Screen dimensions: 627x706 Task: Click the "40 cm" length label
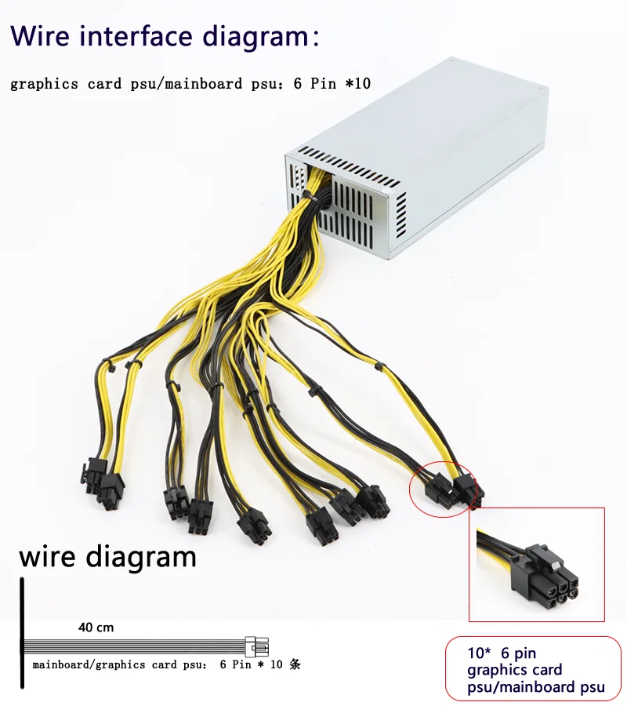point(96,628)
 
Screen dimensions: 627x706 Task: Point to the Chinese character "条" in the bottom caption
point(295,664)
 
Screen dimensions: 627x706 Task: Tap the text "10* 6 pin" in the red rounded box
point(502,653)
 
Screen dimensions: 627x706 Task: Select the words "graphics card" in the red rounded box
point(514,670)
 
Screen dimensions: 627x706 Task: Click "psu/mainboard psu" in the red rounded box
point(536,687)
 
